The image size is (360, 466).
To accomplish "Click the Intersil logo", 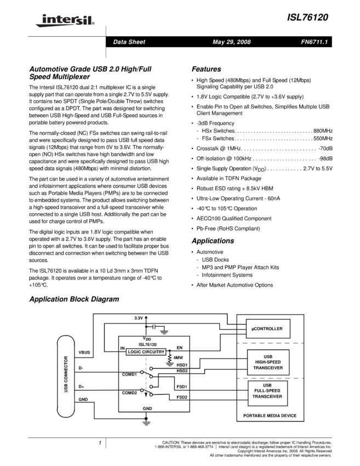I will [x=63, y=21].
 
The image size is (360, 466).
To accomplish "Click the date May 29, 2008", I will [x=231, y=42].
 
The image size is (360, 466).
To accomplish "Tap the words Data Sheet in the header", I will [x=129, y=42].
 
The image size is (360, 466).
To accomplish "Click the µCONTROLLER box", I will [x=267, y=329].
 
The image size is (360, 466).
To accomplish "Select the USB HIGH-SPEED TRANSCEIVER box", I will [x=267, y=362].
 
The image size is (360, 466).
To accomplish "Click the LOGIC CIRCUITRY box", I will [x=146, y=351].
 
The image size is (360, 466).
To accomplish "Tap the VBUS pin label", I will [x=84, y=353].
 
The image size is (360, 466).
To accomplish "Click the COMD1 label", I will [x=129, y=374].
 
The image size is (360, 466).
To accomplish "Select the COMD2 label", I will [x=129, y=393].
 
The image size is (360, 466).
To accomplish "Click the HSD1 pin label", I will [x=182, y=364].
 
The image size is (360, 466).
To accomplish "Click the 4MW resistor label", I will [x=178, y=357].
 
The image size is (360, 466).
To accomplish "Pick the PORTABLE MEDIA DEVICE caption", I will [x=270, y=416].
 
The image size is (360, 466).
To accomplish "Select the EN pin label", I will [x=179, y=348].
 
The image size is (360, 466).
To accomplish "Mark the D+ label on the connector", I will [x=81, y=387].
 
